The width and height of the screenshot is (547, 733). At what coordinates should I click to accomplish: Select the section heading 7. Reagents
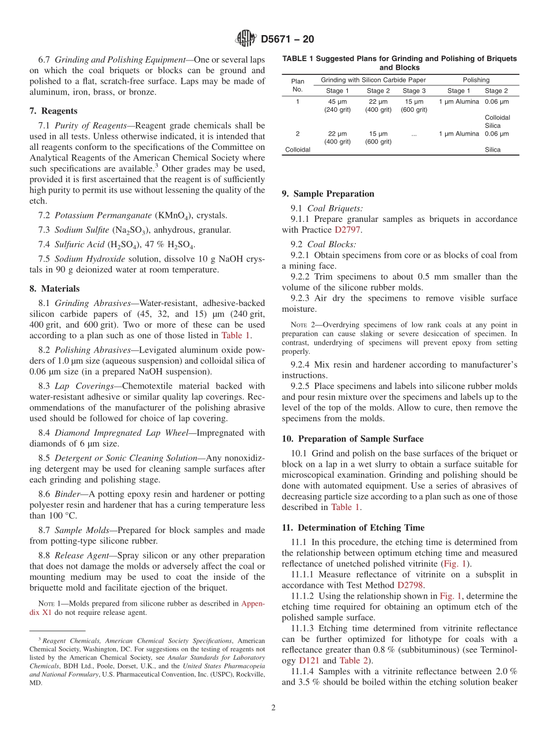click(54, 111)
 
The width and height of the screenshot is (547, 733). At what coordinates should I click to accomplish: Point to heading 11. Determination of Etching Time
click(353, 527)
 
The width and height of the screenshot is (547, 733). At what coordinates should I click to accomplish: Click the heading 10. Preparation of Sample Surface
click(352, 439)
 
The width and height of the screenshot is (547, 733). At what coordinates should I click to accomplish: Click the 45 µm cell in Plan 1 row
click(337, 102)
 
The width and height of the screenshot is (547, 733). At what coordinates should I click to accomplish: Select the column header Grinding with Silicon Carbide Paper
click(373, 80)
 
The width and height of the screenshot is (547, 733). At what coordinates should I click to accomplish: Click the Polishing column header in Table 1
click(476, 80)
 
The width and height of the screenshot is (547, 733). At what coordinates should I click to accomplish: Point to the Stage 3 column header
click(414, 91)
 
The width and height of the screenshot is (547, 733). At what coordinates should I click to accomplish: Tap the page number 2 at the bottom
click(273, 708)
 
